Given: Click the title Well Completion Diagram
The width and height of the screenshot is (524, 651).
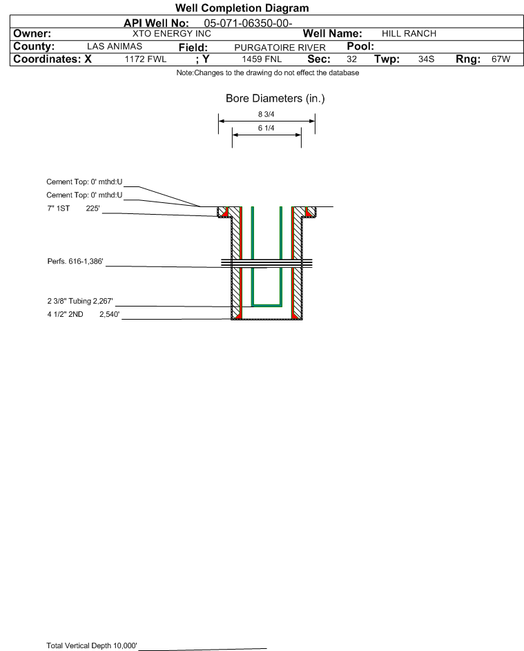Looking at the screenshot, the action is [242, 8].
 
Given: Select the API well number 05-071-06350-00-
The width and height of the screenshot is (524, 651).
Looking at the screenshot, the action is [248, 23].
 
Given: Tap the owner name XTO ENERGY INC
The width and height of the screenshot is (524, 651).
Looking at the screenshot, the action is [171, 34].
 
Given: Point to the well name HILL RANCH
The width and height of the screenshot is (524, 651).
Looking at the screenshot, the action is [409, 34].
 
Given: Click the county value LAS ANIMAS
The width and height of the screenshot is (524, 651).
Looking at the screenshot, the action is [115, 46].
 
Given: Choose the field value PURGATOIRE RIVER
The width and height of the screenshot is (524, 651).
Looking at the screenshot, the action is [280, 48].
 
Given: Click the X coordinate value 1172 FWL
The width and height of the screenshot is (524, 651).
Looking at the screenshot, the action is [145, 59].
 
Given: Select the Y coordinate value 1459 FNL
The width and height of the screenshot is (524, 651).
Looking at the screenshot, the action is [262, 59].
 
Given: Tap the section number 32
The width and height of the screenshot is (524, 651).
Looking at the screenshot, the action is [351, 59].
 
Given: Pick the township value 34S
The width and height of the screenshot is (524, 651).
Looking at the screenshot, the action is [427, 59].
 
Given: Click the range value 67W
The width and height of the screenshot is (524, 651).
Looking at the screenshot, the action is [501, 59].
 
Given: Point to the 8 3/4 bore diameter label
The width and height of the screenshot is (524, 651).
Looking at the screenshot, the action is [266, 114].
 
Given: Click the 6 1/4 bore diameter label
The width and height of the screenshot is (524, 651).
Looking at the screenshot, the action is [266, 128].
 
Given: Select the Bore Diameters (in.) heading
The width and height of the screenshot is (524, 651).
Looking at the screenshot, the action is [275, 99].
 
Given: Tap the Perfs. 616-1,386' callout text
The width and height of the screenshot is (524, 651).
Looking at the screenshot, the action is [75, 262].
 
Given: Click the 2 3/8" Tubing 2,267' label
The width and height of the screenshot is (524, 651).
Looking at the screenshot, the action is [80, 301].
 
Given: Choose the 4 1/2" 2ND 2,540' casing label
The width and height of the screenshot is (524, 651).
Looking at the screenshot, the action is [84, 314].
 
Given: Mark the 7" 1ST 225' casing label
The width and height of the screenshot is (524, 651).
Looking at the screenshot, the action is [73, 208].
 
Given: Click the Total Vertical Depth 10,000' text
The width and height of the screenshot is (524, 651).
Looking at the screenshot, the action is [92, 645].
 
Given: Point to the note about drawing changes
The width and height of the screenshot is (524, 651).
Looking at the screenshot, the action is [267, 73].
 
